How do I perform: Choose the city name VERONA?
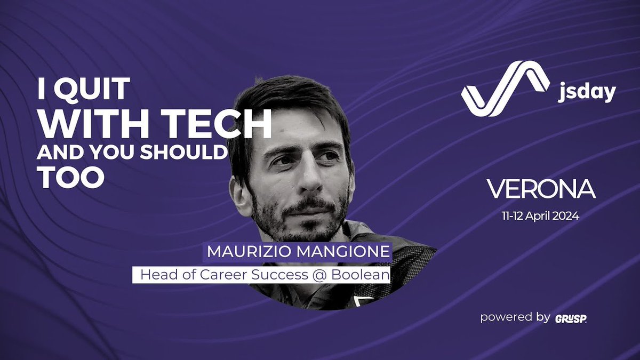pyautogui.click(x=541, y=189)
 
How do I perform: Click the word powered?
pyautogui.click(x=500, y=317)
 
